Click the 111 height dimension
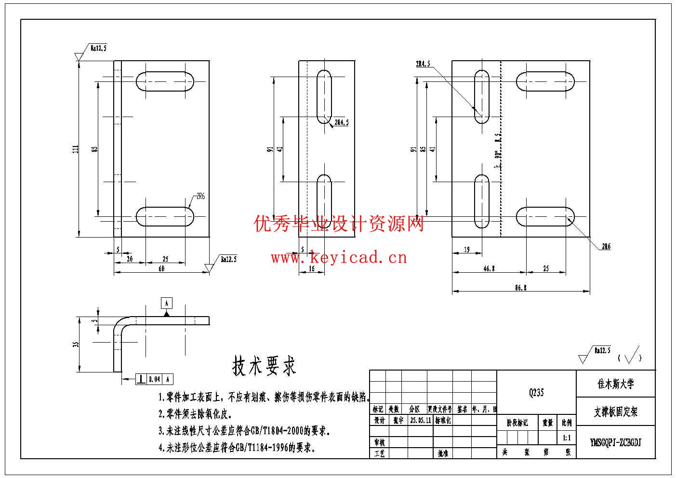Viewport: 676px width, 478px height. (x=76, y=149)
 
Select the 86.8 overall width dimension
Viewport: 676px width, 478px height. (x=520, y=288)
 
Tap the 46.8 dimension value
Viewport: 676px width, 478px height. (x=489, y=268)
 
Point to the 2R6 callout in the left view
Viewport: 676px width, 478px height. (x=200, y=197)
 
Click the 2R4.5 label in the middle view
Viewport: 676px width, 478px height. (x=341, y=122)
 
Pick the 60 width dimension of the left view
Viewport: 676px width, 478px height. (x=161, y=268)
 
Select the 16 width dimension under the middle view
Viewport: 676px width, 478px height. (x=311, y=268)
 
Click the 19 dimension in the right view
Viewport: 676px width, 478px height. (x=466, y=250)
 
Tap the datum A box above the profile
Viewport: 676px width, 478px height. (x=166, y=303)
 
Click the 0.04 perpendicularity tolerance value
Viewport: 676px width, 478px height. (x=154, y=379)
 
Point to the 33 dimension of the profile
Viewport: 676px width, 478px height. (x=76, y=344)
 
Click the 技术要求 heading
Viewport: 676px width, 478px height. (x=264, y=366)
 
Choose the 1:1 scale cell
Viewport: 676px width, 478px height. (x=567, y=438)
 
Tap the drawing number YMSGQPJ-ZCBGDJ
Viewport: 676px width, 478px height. (x=616, y=442)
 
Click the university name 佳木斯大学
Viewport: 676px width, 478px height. (x=616, y=384)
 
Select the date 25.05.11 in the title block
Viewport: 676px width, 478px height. (x=420, y=420)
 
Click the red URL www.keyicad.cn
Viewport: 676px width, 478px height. (x=339, y=258)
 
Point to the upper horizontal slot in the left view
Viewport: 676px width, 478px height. (x=165, y=81)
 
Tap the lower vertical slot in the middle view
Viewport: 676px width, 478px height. (x=324, y=201)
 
